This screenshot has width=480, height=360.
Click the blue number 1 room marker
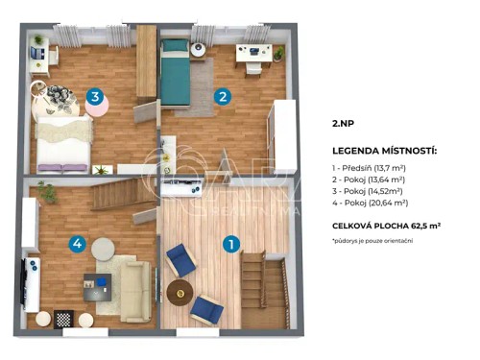pos(231,244)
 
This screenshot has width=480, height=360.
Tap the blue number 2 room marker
pos(222,96)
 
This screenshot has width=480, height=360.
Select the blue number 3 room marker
pos(94,96)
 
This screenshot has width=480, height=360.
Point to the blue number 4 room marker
pos(77,244)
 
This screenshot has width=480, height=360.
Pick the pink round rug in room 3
pos(97,107)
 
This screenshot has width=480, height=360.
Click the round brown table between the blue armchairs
pos(179,289)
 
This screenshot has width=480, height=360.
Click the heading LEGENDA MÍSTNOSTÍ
pos(384,152)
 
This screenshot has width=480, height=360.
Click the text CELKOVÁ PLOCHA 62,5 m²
pos(386,225)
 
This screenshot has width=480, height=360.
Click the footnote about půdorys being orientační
pos(372,239)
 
